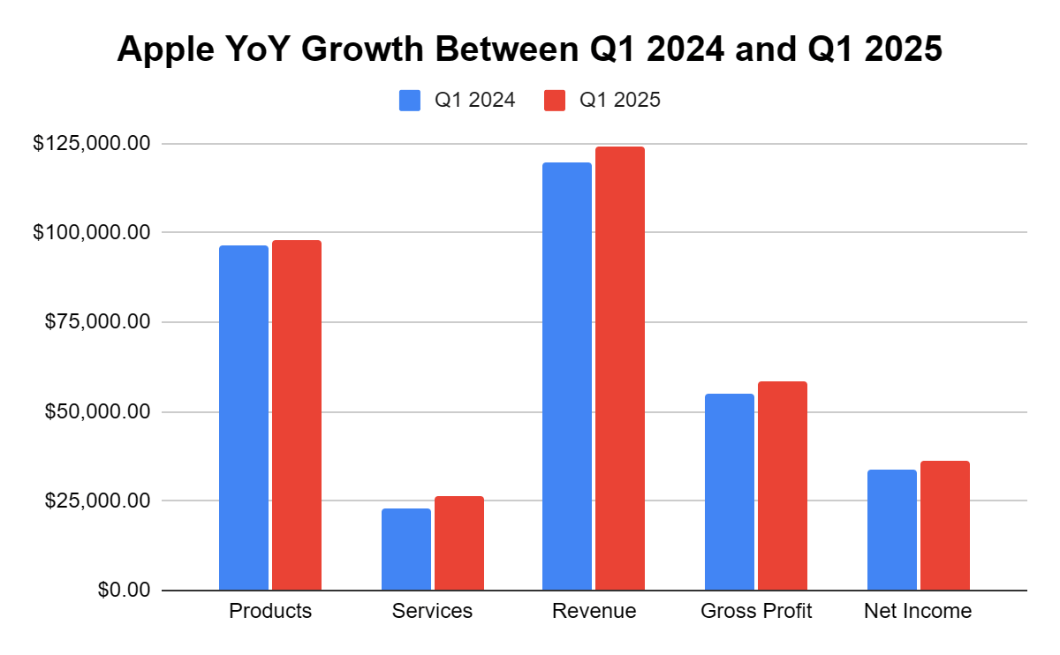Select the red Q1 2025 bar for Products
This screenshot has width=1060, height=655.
tap(297, 415)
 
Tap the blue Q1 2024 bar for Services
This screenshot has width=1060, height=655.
tap(406, 549)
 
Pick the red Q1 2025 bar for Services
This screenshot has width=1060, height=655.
tap(459, 543)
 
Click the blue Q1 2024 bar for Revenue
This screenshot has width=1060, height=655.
tap(567, 376)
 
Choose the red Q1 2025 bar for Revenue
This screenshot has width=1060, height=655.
tap(620, 368)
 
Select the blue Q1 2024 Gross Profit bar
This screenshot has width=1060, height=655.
tap(730, 492)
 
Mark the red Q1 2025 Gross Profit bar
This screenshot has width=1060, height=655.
tap(783, 486)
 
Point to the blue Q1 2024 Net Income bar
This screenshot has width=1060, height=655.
tap(892, 530)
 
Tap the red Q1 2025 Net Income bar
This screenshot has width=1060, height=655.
tap(945, 525)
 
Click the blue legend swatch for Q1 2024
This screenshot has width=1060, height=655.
tap(410, 101)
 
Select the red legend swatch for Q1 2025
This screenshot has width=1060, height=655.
tap(555, 101)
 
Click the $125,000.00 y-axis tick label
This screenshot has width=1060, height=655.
tap(92, 143)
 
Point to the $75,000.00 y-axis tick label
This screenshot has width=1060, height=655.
tap(97, 322)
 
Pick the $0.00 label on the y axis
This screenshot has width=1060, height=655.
tap(124, 590)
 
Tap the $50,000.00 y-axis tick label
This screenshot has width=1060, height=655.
tap(97, 411)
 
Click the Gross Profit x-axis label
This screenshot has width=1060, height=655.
tap(756, 611)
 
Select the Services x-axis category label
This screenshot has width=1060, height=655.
tap(432, 611)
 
